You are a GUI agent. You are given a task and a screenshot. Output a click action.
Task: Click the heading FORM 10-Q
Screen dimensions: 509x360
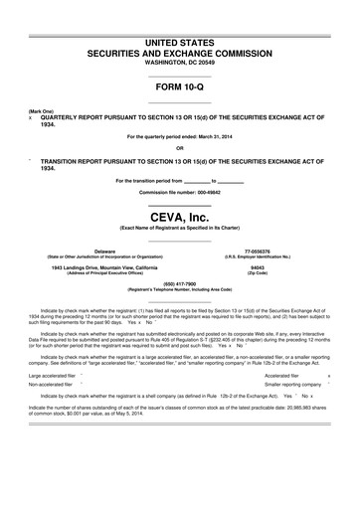(x=179, y=87)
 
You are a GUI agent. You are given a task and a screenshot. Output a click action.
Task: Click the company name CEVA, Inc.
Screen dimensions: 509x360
(x=179, y=215)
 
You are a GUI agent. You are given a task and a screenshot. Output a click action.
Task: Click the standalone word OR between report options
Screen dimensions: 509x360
(x=179, y=148)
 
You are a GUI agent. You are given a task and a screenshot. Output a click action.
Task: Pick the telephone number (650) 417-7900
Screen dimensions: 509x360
(x=179, y=282)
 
